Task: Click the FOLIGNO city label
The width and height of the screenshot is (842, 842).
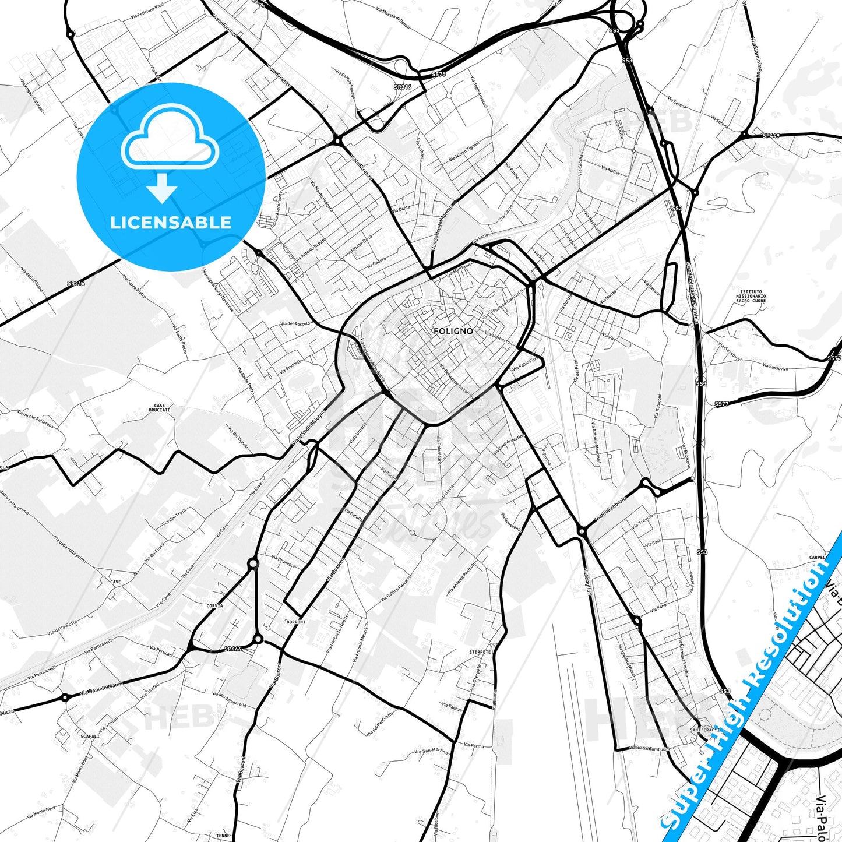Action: (453, 331)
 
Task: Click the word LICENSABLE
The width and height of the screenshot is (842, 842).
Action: (171, 222)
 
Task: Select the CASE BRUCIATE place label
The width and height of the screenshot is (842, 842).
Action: (160, 408)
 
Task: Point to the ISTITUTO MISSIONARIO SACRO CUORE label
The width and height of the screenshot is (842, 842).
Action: (753, 296)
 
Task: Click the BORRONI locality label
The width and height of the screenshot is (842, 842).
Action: (296, 622)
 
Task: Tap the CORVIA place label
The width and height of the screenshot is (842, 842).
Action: (214, 606)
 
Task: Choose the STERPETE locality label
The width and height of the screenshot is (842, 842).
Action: (480, 652)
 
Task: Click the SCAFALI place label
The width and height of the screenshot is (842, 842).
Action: (90, 736)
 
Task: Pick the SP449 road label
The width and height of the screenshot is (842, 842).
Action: (771, 136)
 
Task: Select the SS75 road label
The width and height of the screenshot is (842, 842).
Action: (438, 74)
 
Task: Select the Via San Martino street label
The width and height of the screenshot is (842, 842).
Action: (431, 751)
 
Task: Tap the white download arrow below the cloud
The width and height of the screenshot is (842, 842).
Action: (163, 187)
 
